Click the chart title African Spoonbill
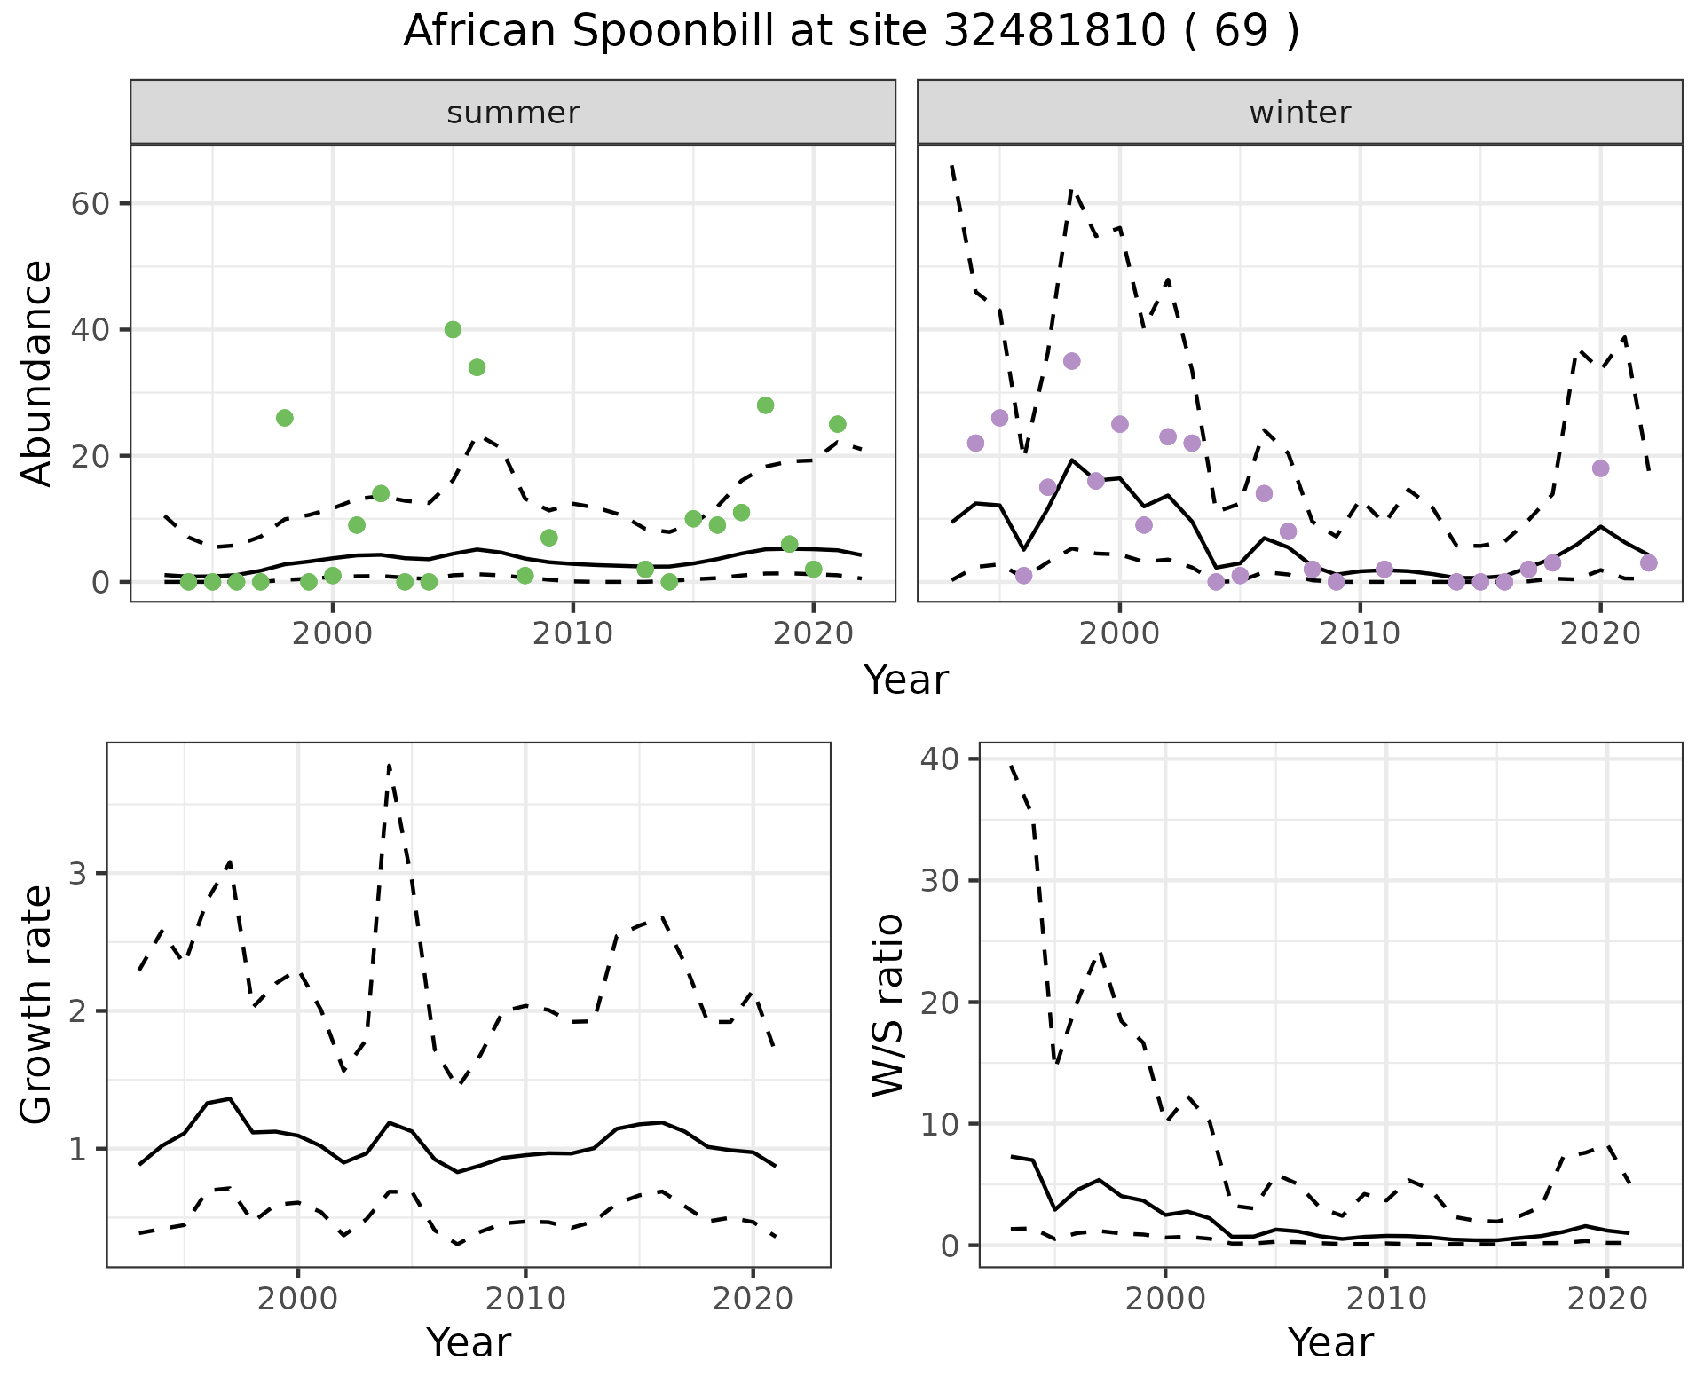(x=850, y=32)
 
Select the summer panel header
(x=513, y=113)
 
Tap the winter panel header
(x=1299, y=113)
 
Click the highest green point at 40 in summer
(x=453, y=330)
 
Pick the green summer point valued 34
(x=477, y=367)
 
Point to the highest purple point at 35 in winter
(x=1071, y=361)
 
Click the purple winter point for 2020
(x=1600, y=468)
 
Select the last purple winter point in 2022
(x=1648, y=562)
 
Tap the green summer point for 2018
(x=765, y=405)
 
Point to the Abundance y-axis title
(x=37, y=373)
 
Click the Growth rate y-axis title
(x=37, y=1004)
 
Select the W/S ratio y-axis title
(x=887, y=1004)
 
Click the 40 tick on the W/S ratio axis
(x=947, y=759)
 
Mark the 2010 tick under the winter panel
(x=1359, y=633)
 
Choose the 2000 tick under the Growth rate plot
(x=298, y=1300)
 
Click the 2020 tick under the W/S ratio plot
(x=1607, y=1300)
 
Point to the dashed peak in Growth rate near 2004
(x=389, y=765)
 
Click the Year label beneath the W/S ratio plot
(x=1330, y=1343)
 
